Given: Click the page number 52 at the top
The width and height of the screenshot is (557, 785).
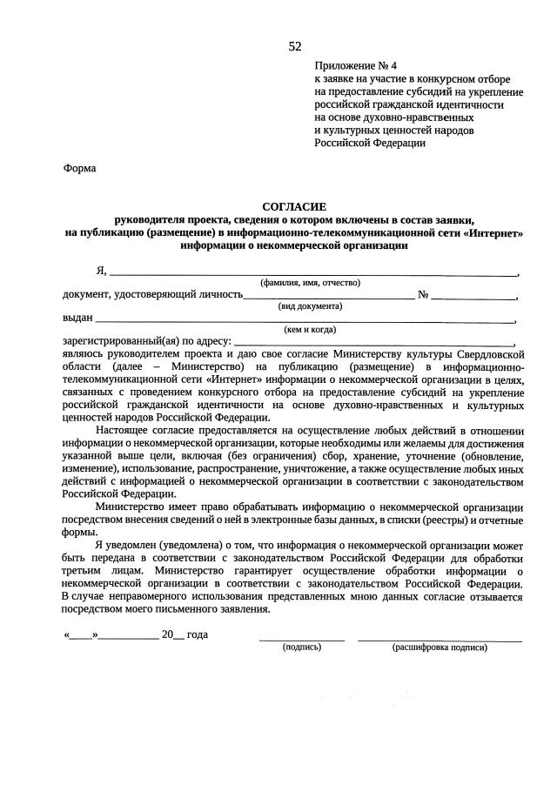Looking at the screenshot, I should (x=294, y=46).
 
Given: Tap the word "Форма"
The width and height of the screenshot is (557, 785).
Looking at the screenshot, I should (x=80, y=169).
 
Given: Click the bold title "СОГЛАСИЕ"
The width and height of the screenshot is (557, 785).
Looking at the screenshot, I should (x=294, y=207).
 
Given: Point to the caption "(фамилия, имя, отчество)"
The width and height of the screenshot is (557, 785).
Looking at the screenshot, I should (x=311, y=283).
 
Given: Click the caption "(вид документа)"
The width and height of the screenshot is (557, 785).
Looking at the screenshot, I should (x=310, y=306).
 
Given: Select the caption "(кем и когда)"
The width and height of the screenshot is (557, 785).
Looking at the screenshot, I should (x=311, y=330).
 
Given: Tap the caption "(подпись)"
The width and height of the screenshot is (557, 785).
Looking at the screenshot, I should (x=301, y=647).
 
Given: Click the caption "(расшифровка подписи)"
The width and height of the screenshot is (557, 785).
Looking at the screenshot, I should (x=440, y=647).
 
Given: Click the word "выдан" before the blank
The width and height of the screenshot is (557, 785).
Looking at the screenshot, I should (x=77, y=319).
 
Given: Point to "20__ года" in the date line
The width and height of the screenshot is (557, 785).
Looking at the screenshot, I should (x=185, y=634).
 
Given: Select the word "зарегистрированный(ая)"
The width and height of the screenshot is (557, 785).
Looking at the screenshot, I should (x=121, y=342).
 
